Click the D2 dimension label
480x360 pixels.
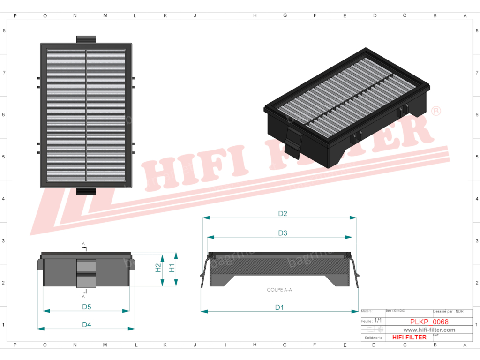tap(282, 214)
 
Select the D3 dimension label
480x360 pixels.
tap(282, 233)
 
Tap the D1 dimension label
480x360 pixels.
tap(279, 307)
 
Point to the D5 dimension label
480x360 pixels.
tap(86, 307)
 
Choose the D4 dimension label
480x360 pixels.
tap(86, 324)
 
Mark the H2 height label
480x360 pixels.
tap(158, 268)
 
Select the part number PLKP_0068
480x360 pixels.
tap(429, 322)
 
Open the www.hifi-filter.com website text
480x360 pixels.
tap(429, 330)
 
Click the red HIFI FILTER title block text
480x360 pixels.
tap(409, 337)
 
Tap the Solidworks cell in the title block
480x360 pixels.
tap(373, 337)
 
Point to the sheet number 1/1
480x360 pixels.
tap(378, 321)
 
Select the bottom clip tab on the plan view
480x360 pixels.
tap(86, 191)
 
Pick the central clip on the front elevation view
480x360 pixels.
tap(86, 273)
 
